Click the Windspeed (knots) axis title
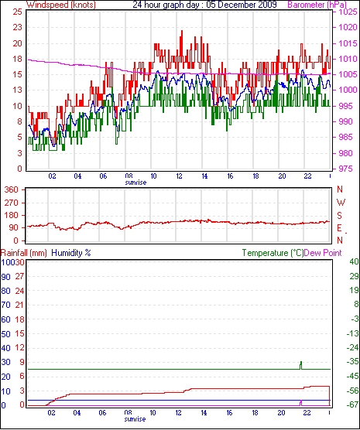(61, 5)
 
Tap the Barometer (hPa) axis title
(317, 5)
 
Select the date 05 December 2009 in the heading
(242, 5)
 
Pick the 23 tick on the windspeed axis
(17, 27)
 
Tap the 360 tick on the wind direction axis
(12, 189)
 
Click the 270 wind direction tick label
(12, 203)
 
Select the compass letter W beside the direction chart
(341, 203)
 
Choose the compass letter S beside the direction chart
(340, 216)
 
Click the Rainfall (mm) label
(24, 253)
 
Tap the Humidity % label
(71, 253)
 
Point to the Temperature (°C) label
(273, 253)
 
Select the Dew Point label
(323, 253)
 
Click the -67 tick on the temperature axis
(353, 404)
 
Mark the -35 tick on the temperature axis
(353, 362)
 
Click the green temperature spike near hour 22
(301, 365)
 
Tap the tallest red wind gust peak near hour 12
(181, 31)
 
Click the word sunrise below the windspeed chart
(136, 183)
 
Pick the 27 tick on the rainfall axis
(20, 276)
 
